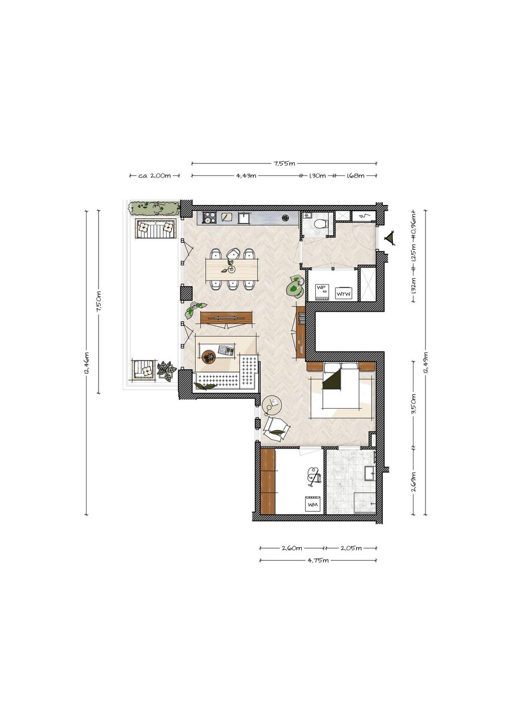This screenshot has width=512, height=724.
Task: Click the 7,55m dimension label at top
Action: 284,163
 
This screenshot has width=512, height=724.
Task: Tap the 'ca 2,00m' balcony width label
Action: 154,175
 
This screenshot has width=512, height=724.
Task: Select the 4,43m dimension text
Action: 246,175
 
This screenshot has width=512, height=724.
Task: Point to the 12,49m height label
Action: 425,363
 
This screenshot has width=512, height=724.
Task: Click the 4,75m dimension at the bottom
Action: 318,560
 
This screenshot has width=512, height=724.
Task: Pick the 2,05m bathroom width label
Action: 351,548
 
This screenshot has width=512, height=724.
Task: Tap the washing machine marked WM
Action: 313,504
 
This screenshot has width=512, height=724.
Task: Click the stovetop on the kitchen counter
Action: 209,218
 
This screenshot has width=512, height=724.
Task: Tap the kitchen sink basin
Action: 243,218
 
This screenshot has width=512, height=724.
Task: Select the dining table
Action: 232,270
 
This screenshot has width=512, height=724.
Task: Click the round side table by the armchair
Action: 272,405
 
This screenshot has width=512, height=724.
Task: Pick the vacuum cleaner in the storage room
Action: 313,476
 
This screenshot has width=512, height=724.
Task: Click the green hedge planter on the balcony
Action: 155,208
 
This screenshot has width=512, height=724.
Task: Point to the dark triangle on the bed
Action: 332,380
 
